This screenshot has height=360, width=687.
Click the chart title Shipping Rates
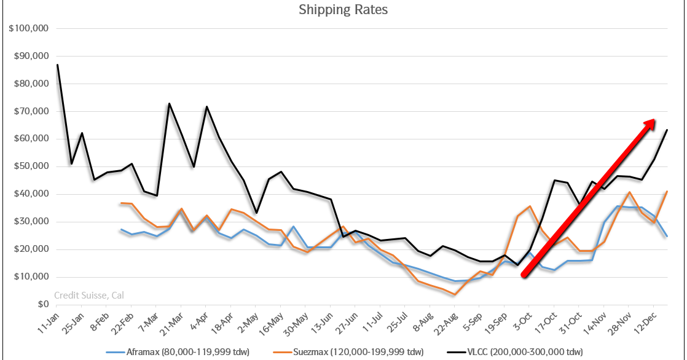[343, 10]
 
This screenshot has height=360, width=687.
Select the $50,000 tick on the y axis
[31, 166]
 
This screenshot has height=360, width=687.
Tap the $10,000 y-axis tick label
[31, 277]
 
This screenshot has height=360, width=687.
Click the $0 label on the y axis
[42, 305]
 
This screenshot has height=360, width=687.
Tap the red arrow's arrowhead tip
[655, 120]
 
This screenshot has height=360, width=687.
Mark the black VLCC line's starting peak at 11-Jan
[57, 65]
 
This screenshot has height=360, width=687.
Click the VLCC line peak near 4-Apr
[206, 107]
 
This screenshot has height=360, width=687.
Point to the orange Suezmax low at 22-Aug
[454, 294]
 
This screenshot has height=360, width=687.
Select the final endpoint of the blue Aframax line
[667, 236]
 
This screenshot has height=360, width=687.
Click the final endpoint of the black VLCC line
[667, 130]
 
